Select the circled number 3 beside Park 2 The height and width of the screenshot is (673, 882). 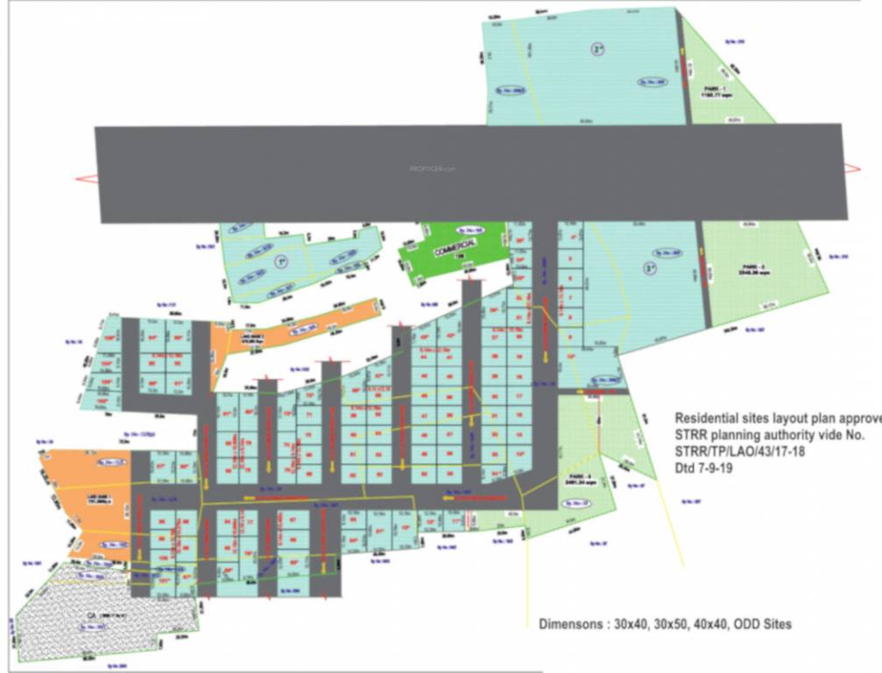649,267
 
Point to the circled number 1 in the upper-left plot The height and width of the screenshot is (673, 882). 280,261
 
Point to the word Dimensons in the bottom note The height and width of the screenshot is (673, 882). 575,625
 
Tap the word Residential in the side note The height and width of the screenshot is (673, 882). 709,419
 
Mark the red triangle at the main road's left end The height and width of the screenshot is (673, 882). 85,179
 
